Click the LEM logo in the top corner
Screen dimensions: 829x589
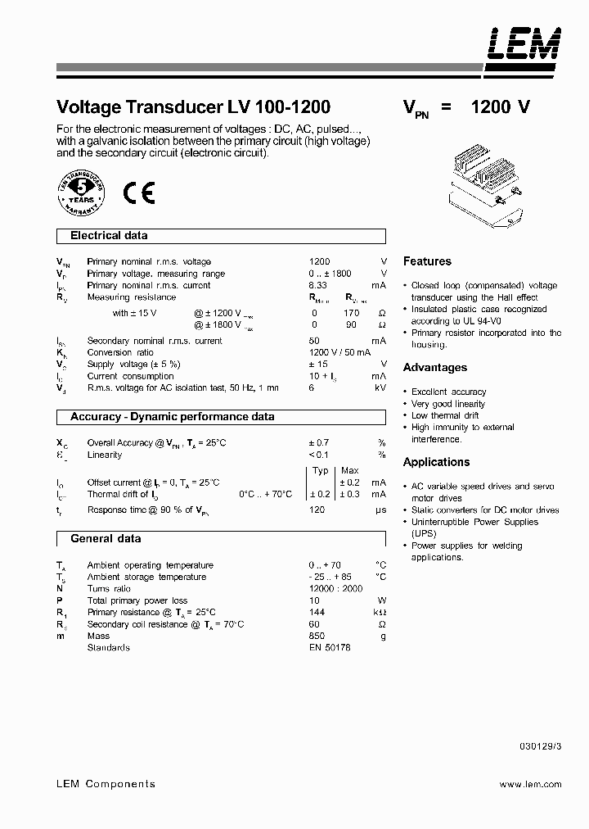click(x=524, y=45)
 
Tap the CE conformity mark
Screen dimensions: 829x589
click(x=138, y=192)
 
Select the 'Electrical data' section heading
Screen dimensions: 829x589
click(x=109, y=236)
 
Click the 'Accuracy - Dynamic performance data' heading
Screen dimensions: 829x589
click(x=172, y=417)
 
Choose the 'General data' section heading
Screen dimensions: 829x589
click(x=106, y=539)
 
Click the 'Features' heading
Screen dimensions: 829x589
click(x=427, y=261)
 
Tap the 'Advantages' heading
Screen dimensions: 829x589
click(x=435, y=368)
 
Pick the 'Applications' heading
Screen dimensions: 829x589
click(x=436, y=462)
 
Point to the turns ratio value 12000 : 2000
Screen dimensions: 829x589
click(x=335, y=589)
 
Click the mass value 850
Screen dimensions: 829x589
click(x=317, y=636)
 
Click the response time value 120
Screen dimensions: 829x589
click(x=317, y=510)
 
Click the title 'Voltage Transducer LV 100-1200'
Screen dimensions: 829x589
click(x=193, y=107)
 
